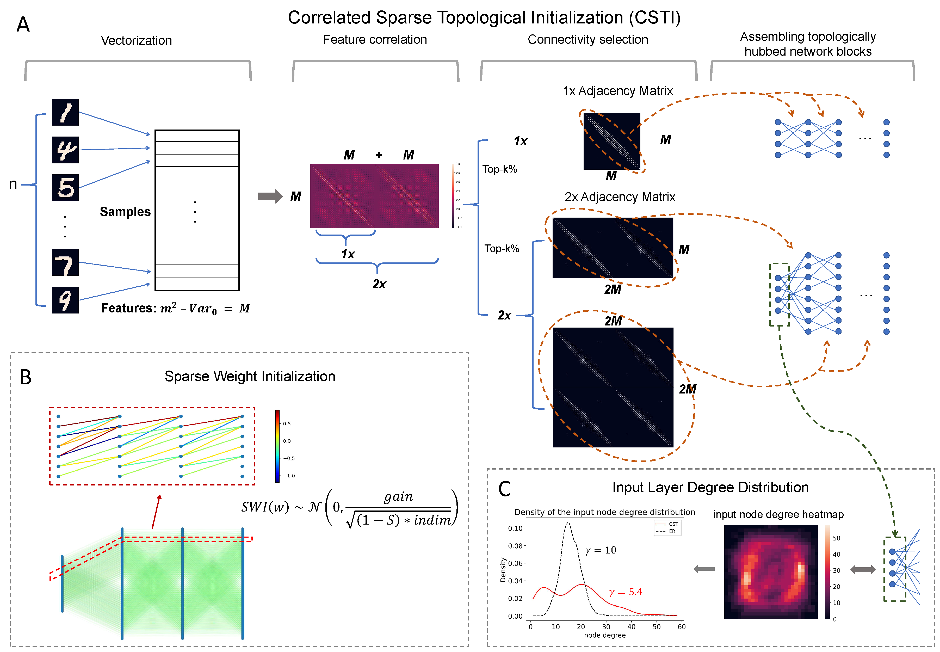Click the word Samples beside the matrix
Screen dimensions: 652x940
[125, 212]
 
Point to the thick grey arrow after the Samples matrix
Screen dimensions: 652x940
[270, 196]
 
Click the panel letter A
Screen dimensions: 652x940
[23, 24]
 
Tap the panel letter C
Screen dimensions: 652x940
[504, 489]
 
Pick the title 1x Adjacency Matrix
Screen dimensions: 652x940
[617, 91]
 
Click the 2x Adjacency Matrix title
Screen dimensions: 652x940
[620, 197]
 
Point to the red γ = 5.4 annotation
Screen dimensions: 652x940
[625, 592]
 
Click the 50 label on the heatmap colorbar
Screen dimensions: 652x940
[836, 538]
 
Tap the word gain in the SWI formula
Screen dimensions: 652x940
[398, 497]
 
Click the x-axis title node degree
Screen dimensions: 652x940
[604, 635]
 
